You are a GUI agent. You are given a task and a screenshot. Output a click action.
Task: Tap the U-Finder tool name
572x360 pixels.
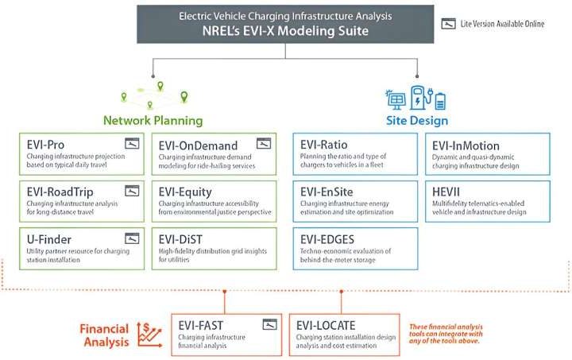coord(46,238)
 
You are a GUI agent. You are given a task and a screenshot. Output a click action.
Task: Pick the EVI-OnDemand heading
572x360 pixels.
coord(198,145)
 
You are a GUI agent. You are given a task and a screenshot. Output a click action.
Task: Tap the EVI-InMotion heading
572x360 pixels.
coord(466,145)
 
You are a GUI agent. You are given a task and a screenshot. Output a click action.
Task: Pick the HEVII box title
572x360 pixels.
coord(447,192)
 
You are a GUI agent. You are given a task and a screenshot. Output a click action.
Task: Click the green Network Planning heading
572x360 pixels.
coord(153,121)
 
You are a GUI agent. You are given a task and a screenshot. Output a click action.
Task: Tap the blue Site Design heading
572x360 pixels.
coord(418,121)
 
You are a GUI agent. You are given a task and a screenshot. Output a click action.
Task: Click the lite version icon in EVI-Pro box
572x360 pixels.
coord(131,144)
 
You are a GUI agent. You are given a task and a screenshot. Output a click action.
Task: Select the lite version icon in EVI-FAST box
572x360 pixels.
coord(269,323)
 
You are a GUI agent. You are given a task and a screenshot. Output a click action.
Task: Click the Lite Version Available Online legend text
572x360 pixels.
coord(502,24)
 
